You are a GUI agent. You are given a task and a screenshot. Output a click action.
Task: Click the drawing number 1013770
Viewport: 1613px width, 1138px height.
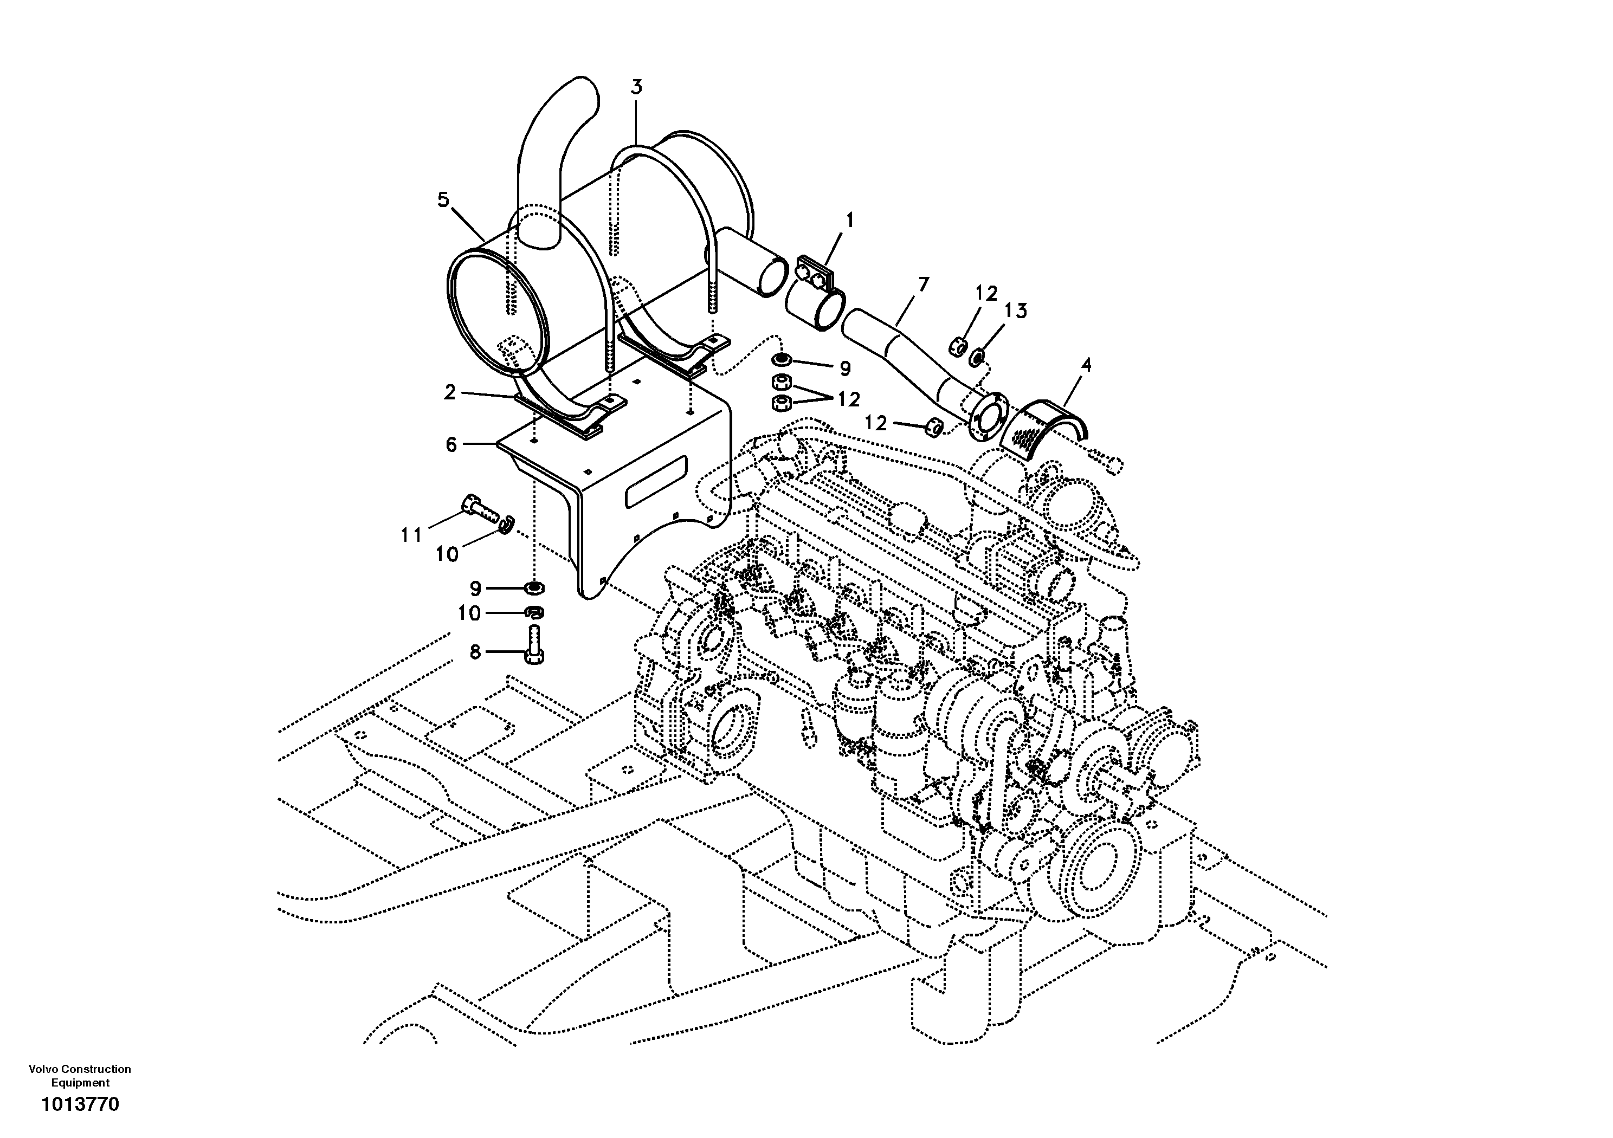coord(80,1105)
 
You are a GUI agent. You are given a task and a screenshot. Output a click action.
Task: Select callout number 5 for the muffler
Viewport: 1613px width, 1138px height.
coord(443,200)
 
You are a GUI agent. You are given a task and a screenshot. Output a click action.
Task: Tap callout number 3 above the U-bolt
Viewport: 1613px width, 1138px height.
coord(636,88)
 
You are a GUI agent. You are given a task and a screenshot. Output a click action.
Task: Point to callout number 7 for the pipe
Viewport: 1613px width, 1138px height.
coord(922,284)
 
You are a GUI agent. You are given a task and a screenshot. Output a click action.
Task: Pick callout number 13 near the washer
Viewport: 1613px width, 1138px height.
coord(1015,311)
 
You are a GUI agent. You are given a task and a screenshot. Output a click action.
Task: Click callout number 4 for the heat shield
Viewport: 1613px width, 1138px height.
coord(1086,365)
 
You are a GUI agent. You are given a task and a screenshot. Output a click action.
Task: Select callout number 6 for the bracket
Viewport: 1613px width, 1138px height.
coord(451,445)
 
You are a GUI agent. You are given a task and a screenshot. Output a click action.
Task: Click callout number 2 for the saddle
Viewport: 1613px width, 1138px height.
coord(450,392)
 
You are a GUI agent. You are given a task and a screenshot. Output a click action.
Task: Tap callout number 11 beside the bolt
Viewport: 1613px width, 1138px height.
coord(411,535)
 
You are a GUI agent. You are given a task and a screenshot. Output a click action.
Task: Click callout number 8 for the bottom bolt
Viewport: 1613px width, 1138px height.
coord(475,652)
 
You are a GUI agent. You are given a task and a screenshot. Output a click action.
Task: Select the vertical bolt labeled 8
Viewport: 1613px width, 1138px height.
coord(534,646)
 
